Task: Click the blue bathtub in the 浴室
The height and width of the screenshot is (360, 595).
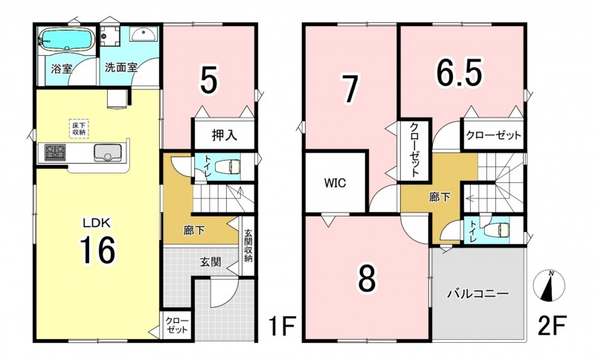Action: pyautogui.click(x=66, y=39)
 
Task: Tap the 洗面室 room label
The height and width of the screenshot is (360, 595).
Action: pyautogui.click(x=121, y=68)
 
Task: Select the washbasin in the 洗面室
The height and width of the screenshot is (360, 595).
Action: pyautogui.click(x=143, y=34)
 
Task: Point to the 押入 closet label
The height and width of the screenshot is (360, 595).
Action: pyautogui.click(x=224, y=135)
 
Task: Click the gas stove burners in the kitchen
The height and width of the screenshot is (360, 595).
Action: pyautogui.click(x=55, y=152)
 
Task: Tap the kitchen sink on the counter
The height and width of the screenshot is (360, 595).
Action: pyautogui.click(x=108, y=152)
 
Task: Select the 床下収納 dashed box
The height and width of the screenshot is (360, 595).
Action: pyautogui.click(x=79, y=129)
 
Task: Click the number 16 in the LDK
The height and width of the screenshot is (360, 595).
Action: pyautogui.click(x=97, y=250)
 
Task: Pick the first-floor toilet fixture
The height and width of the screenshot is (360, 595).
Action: pyautogui.click(x=228, y=167)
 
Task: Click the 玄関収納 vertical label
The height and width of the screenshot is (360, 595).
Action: pyautogui.click(x=248, y=245)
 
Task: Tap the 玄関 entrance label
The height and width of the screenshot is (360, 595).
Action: pyautogui.click(x=210, y=262)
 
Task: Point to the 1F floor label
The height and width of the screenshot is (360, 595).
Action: pyautogui.click(x=282, y=327)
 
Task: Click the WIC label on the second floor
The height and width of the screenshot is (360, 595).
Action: pyautogui.click(x=335, y=183)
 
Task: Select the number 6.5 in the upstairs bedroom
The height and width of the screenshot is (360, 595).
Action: pyautogui.click(x=459, y=73)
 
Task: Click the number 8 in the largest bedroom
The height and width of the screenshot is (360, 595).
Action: pyautogui.click(x=367, y=278)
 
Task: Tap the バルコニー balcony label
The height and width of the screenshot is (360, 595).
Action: pyautogui.click(x=477, y=294)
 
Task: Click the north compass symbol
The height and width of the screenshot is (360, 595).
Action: pyautogui.click(x=549, y=286)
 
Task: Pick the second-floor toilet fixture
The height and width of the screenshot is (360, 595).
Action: pyautogui.click(x=497, y=230)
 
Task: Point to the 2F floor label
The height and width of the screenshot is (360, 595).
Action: pyautogui.click(x=552, y=327)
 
